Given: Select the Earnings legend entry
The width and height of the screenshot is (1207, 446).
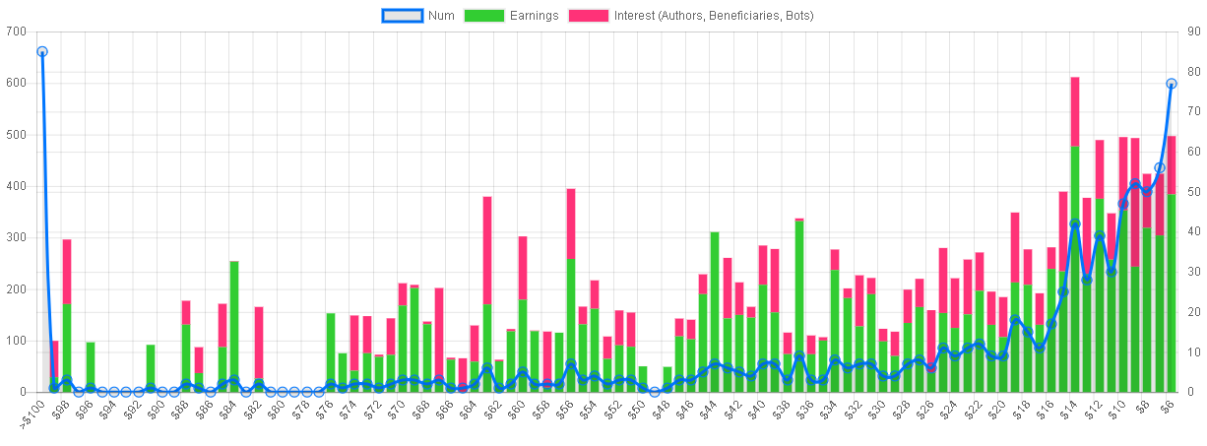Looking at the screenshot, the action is point(511,16).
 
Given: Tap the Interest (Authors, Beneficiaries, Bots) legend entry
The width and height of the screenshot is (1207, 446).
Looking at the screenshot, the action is point(691,16).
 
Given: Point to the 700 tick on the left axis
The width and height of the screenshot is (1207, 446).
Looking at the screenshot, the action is point(16,32).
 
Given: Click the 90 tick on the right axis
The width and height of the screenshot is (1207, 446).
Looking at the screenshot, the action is point(1194,32).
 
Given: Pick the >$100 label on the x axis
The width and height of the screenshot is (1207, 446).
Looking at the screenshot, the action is point(32,414).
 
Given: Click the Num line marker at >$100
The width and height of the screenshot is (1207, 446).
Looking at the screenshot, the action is point(42,52).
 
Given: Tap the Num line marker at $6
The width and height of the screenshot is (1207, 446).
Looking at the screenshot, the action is point(1172,84).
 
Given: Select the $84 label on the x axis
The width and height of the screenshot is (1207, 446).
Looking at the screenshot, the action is point(227,410).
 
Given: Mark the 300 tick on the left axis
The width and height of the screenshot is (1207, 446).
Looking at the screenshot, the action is point(16,237).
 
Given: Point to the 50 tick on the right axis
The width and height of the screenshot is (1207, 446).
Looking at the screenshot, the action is point(1194,192).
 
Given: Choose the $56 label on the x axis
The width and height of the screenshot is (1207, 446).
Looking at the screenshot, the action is point(563,410).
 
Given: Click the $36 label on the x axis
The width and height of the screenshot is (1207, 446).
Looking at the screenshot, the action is point(804,410).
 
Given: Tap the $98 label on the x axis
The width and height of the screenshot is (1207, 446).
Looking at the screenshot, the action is point(59,410).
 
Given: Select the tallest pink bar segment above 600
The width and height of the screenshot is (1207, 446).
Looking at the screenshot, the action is point(1075,111).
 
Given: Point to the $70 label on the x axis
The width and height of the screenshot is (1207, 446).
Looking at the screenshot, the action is point(396,410).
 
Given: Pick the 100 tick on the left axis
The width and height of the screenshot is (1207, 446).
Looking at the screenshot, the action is point(16,341).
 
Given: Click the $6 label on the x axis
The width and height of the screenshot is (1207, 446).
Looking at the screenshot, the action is point(1166,408).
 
